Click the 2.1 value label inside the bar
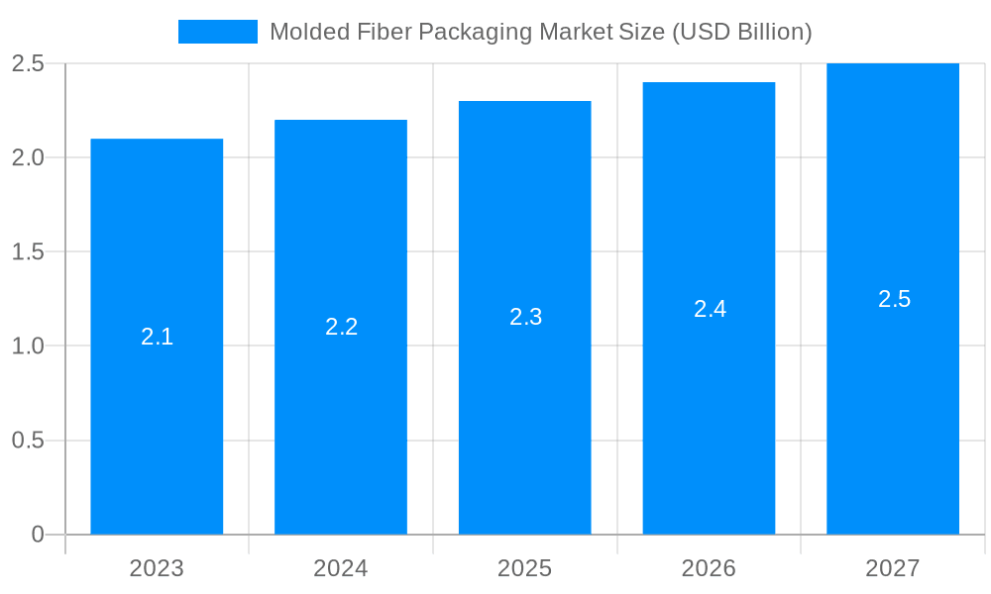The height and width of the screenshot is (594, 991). tap(157, 337)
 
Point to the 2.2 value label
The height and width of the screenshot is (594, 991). tap(341, 327)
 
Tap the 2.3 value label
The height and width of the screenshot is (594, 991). tap(525, 317)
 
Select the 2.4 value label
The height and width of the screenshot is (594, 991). tap(710, 309)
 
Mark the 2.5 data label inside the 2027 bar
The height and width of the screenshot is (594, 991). tap(894, 299)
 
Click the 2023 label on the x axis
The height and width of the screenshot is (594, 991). tap(157, 568)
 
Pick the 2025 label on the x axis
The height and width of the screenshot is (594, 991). tap(525, 568)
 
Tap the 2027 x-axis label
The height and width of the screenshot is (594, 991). tap(893, 568)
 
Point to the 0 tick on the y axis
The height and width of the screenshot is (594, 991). tap(38, 535)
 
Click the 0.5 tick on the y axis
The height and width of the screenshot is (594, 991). tap(28, 441)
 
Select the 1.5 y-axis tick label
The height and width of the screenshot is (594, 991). tap(28, 251)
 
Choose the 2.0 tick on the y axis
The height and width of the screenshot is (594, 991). tap(28, 157)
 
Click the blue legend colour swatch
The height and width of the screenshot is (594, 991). tap(218, 32)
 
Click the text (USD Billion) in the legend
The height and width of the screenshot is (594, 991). tap(742, 32)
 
